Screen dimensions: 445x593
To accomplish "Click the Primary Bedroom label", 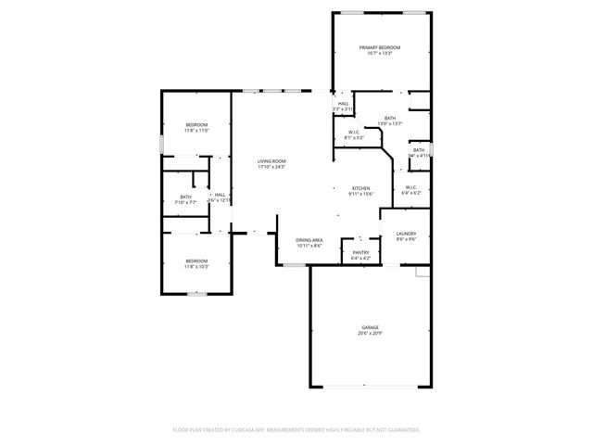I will tap(380, 47).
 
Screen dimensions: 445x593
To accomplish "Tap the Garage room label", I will tap(370, 327).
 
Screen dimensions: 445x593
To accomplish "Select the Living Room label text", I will tap(271, 161).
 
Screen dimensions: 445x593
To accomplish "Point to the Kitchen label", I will tap(360, 188).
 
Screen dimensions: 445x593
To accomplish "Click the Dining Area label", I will tap(309, 240).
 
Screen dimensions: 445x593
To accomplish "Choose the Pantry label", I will tap(360, 252).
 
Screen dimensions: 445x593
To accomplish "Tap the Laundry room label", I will tap(406, 234).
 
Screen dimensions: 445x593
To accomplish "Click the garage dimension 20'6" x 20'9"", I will tap(370, 333).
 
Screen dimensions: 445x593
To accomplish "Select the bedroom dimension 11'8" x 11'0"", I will tap(196, 131).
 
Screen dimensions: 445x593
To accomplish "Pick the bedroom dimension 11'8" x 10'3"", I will tap(196, 266).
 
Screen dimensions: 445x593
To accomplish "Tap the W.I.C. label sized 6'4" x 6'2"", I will tap(411, 193).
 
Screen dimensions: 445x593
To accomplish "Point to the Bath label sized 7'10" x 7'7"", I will tap(186, 197).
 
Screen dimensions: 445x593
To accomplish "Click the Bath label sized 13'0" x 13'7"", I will tap(390, 118).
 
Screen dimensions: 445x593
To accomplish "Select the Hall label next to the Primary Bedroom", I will tap(344, 104).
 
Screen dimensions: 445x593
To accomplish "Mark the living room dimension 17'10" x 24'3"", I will tap(271, 167).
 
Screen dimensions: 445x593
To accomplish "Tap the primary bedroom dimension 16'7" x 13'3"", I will tap(380, 53).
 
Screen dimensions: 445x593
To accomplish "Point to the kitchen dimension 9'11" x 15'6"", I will tap(360, 194).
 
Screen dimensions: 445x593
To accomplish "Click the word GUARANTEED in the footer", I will tap(400, 430).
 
